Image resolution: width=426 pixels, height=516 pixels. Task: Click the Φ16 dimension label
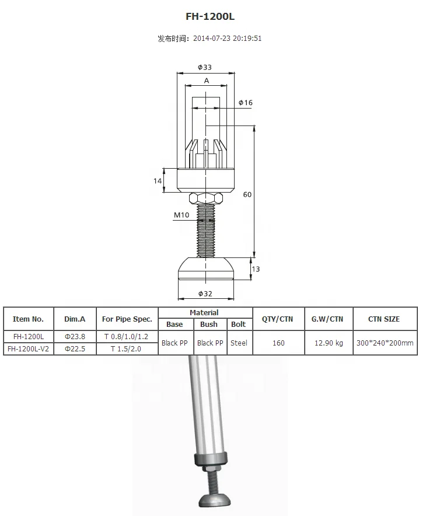pos(246,103)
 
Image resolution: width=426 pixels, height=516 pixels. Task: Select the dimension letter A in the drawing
pos(207,81)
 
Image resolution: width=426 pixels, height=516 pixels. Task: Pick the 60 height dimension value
pos(247,194)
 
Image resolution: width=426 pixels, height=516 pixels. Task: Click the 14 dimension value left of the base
pos(158,181)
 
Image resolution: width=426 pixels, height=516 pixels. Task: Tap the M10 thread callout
pos(181,215)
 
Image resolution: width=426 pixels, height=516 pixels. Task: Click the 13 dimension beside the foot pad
pos(256,269)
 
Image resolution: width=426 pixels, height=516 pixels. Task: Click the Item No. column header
pos(29,319)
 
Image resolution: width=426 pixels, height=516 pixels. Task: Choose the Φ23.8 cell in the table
pos(75,337)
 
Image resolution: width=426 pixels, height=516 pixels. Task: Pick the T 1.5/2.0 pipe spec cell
pos(127,348)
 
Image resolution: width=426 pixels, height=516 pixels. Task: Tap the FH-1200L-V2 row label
pos(29,348)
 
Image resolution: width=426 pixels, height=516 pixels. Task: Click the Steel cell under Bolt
pos(239,343)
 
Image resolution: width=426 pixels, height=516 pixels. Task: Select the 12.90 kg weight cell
pos(327,343)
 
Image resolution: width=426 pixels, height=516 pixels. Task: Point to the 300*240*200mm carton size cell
pos(384,343)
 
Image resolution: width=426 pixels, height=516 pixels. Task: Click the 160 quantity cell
pos(278,343)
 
